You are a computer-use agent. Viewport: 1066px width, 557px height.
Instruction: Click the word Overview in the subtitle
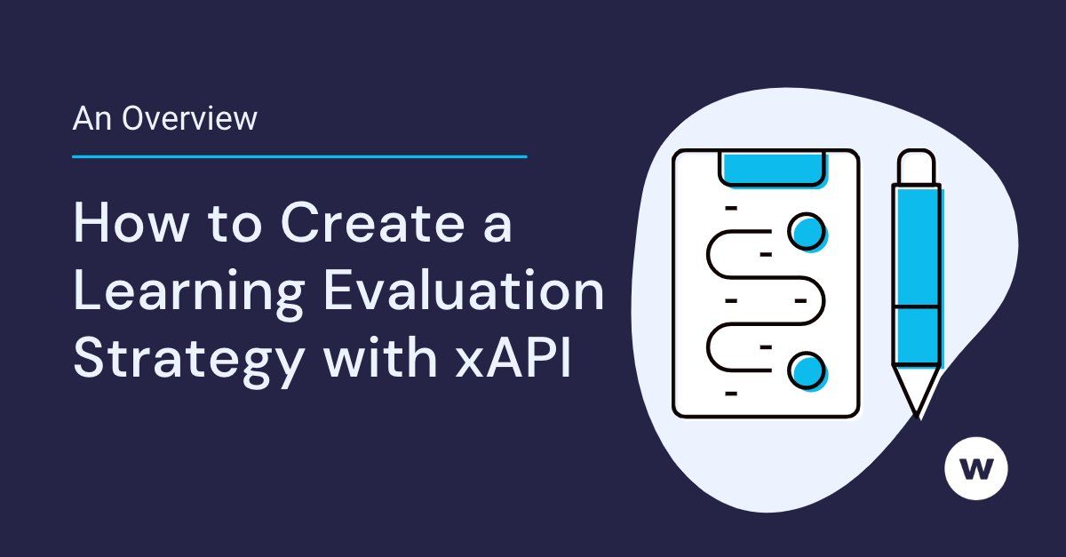189,118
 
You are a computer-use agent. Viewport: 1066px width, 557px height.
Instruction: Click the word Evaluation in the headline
464,293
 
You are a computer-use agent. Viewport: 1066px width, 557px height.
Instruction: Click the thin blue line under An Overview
299,156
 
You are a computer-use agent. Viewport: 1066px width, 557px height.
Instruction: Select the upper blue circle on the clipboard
807,232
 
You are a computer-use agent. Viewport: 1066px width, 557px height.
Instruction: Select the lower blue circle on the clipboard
807,369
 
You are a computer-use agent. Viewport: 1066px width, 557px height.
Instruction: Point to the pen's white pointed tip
915,391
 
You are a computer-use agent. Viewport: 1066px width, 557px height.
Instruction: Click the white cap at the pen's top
916,166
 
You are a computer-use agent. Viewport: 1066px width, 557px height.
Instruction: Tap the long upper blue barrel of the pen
916,244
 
